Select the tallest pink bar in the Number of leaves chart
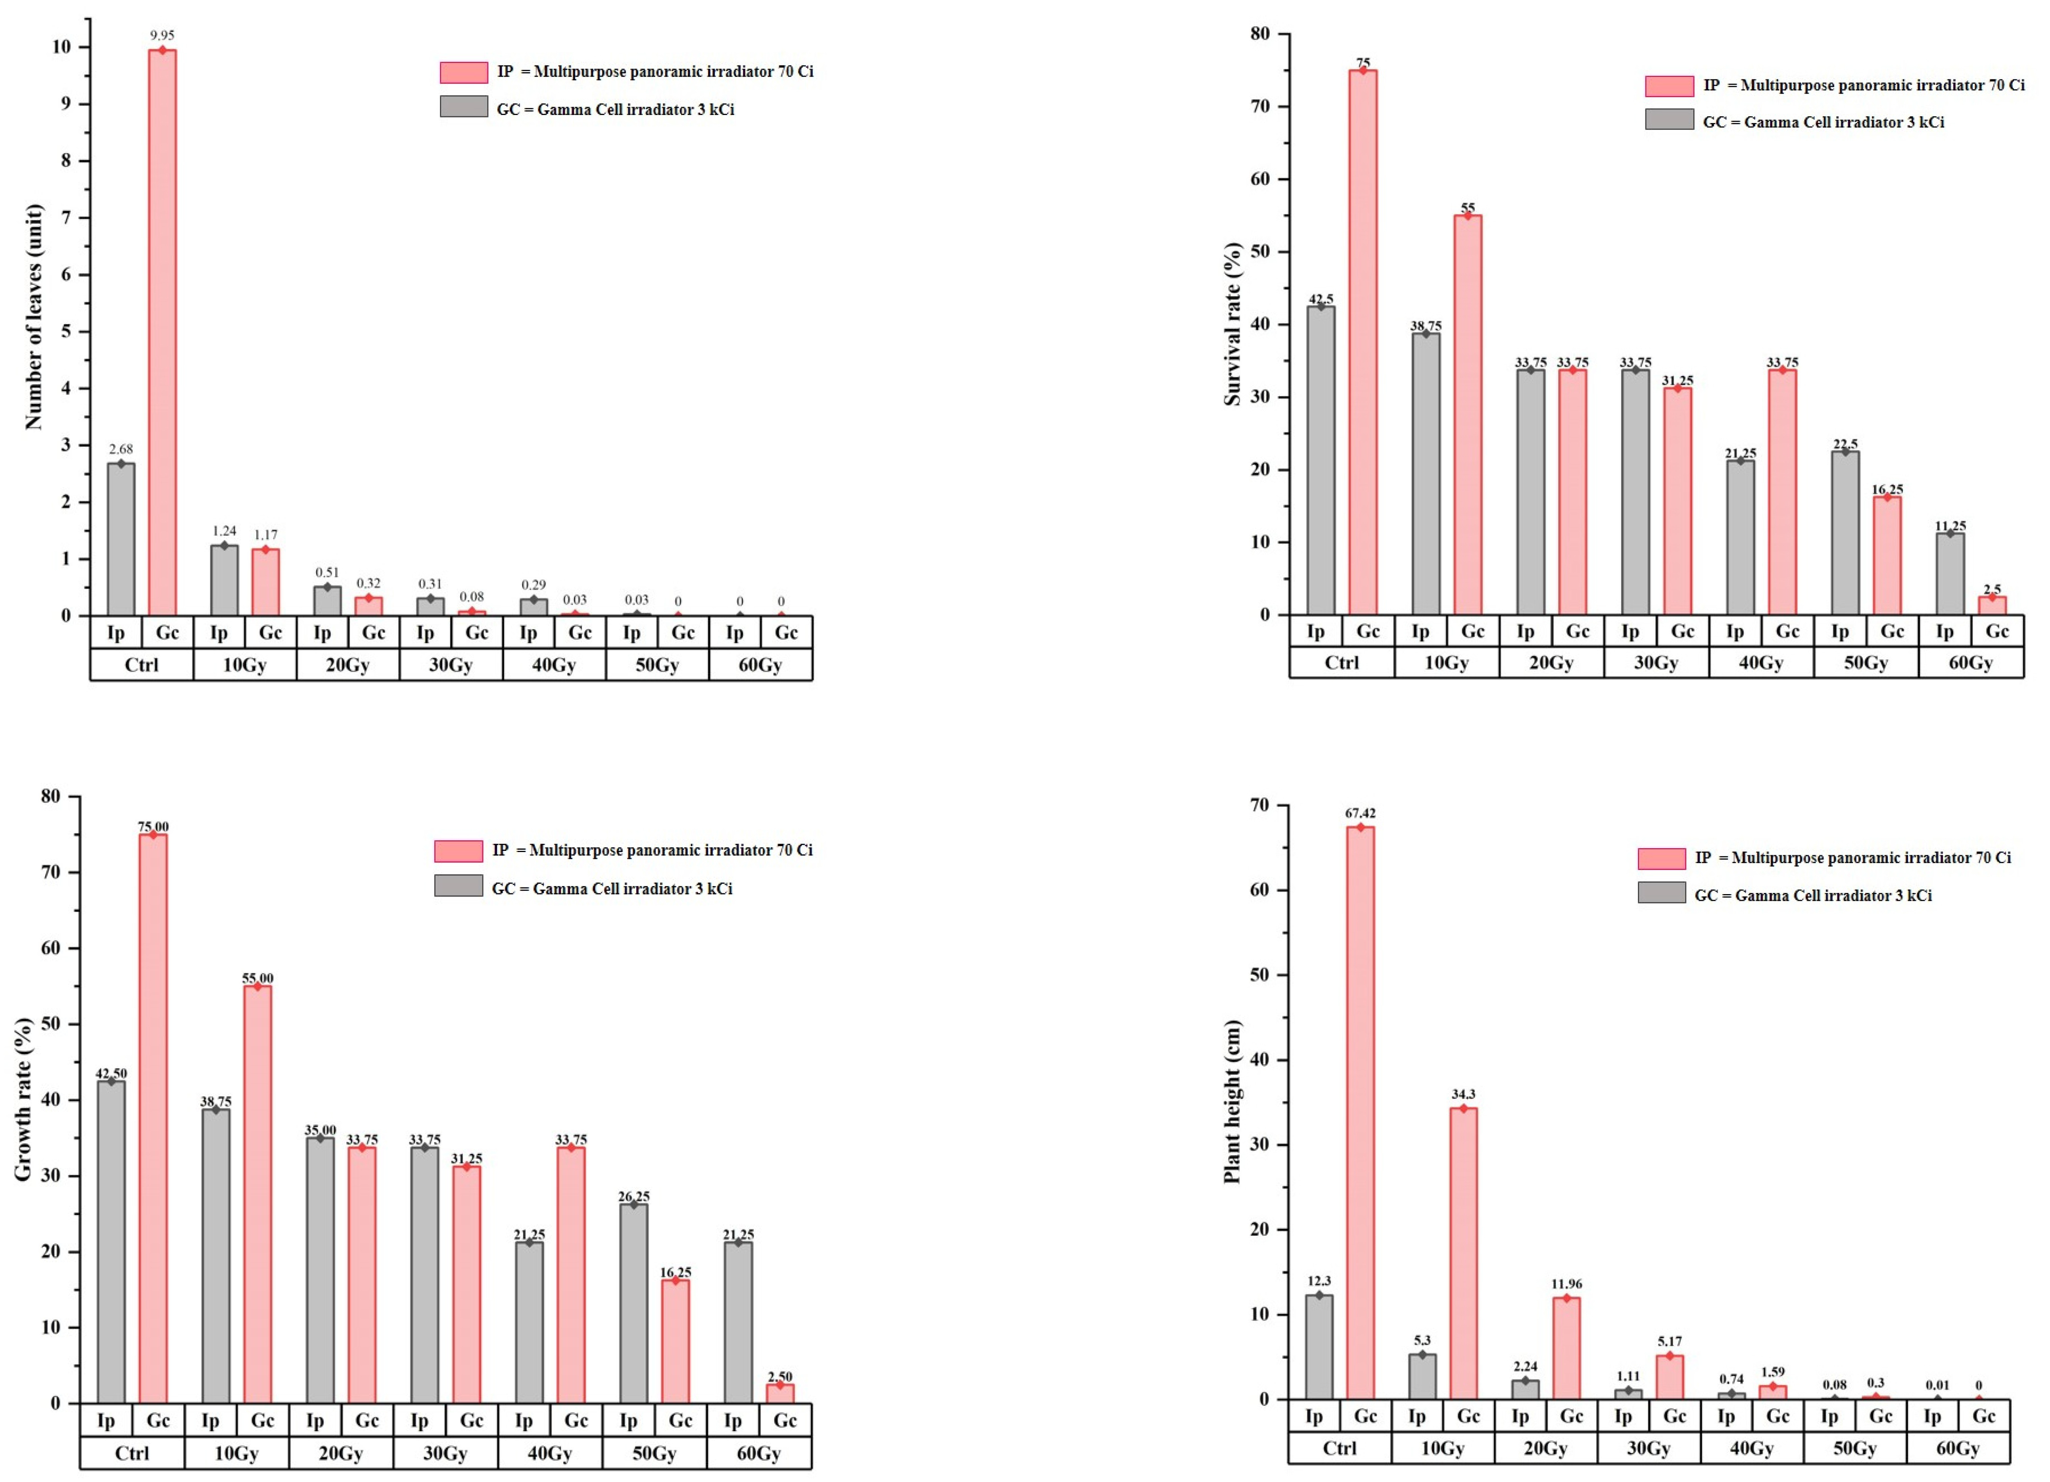click(163, 332)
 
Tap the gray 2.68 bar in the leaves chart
click(121, 539)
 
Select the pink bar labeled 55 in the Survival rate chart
click(1468, 415)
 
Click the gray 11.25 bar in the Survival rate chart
click(1950, 574)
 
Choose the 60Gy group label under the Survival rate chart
click(1970, 662)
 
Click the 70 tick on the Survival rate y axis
click(1259, 107)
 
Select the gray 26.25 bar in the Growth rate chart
click(633, 1303)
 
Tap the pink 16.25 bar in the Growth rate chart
click(675, 1341)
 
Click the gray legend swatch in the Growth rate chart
click(458, 885)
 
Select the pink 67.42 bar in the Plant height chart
click(1360, 1112)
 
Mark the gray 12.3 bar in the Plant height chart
click(1319, 1346)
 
